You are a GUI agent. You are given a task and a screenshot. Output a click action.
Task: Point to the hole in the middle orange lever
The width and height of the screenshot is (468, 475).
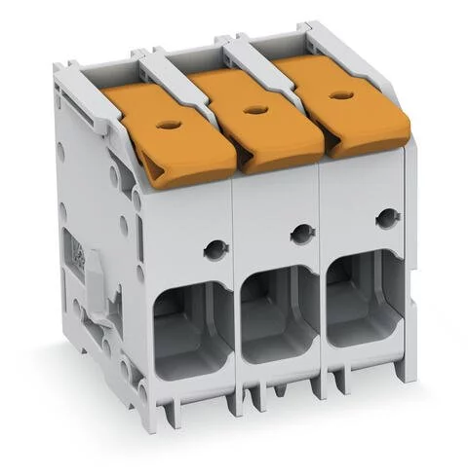click(256, 110)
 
